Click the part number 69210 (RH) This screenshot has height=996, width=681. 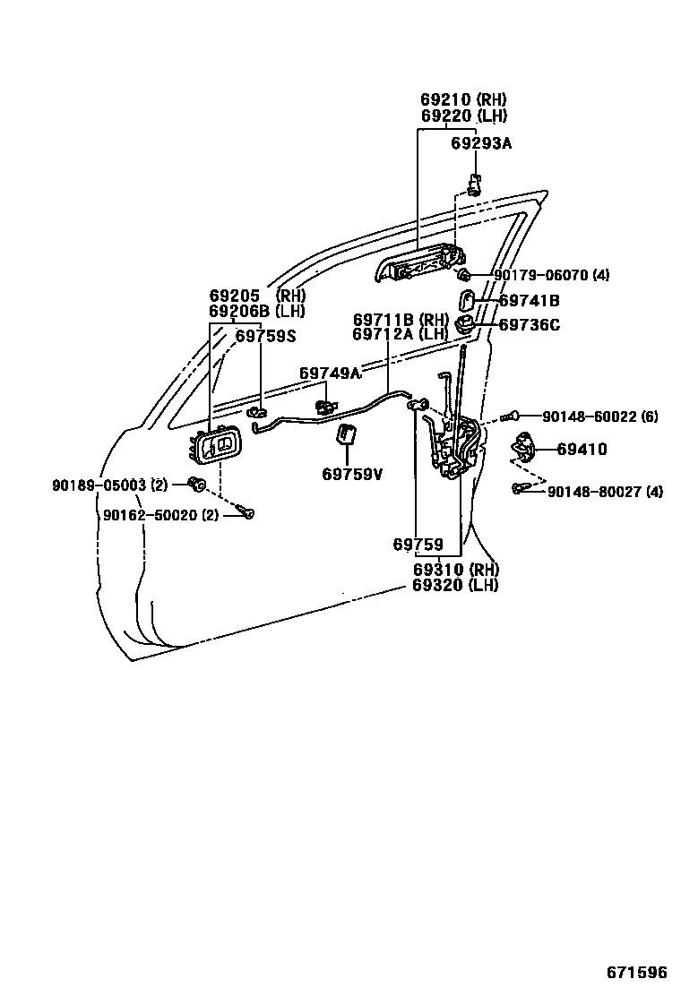tap(463, 99)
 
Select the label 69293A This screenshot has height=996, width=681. tap(481, 142)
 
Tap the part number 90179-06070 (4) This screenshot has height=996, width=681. tap(551, 275)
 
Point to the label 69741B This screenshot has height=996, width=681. tap(529, 302)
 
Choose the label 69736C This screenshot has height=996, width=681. tap(529, 325)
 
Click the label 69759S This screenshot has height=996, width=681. tap(265, 336)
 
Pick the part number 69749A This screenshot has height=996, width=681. tap(330, 373)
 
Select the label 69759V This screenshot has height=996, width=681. tap(352, 474)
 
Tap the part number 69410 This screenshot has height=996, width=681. tap(582, 449)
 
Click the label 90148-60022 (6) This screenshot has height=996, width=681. tap(599, 416)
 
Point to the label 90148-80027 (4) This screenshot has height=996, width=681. tap(605, 491)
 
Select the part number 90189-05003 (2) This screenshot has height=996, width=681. tap(109, 485)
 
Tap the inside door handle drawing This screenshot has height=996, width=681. tap(216, 446)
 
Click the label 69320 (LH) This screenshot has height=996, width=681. tap(455, 585)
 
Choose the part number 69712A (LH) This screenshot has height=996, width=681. tap(400, 334)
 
